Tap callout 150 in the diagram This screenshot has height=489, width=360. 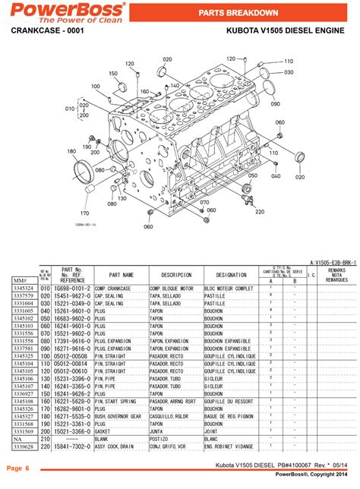113,74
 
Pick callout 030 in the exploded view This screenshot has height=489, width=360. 289,72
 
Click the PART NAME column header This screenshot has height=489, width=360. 121,275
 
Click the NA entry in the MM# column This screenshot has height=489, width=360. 24,439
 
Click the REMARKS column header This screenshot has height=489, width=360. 336,275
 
